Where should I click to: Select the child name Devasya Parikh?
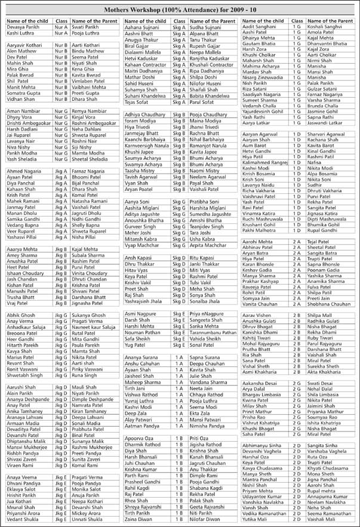(x=23, y=28)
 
